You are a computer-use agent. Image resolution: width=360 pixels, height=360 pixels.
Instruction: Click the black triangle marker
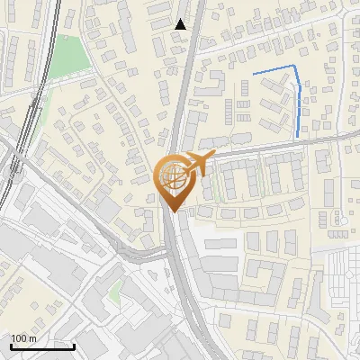pos(180,24)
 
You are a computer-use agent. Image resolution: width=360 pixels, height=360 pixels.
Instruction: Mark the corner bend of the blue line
pos(294,67)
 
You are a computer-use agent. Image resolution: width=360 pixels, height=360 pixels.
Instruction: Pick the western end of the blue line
pos(254,73)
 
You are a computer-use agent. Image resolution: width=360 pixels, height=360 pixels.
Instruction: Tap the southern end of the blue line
pos(298,136)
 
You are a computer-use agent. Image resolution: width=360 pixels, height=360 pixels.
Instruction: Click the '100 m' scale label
pos(23,338)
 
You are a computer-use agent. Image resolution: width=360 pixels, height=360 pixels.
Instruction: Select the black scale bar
pos(42,346)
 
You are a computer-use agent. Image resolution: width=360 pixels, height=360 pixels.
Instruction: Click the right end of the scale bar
pos(74,346)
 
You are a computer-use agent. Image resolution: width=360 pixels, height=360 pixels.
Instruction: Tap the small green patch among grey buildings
pos(115,290)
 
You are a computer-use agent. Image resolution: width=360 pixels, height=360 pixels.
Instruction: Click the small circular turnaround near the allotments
pos(340,219)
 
